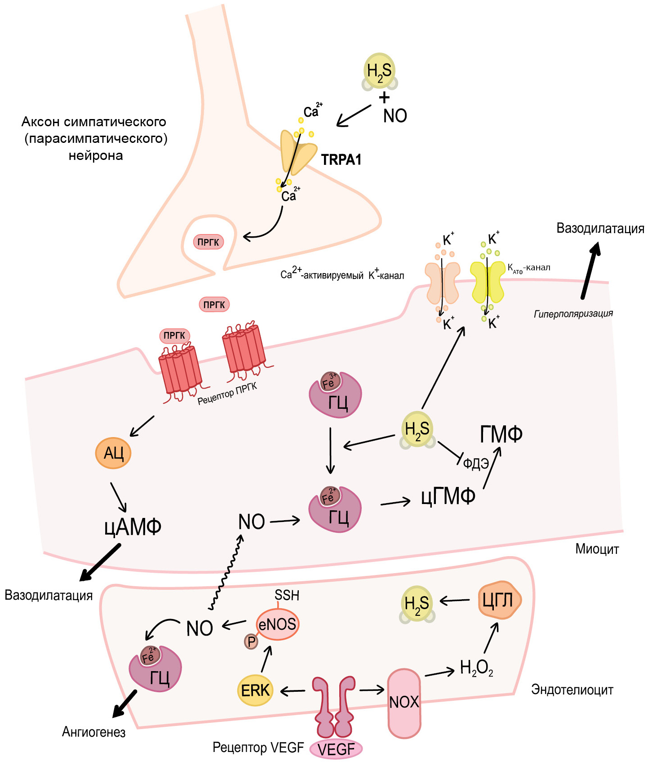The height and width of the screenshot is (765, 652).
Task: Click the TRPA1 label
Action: point(341,159)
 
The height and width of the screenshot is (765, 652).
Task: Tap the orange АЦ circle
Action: point(113,453)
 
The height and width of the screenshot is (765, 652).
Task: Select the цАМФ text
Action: point(133,526)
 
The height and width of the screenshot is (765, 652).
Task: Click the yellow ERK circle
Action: point(255,690)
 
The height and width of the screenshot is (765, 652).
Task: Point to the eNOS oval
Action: point(278,624)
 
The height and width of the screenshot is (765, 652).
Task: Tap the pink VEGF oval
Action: point(336,749)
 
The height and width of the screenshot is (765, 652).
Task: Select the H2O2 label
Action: point(477,668)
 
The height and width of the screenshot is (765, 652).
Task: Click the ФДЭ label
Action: point(476,464)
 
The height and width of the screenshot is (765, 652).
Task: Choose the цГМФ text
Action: point(448,497)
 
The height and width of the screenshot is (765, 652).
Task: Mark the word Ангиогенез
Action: point(93,732)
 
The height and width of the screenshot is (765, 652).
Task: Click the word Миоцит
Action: point(597,549)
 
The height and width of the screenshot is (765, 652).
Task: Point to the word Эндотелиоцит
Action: point(572,690)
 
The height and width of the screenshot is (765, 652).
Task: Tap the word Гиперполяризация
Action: point(573,314)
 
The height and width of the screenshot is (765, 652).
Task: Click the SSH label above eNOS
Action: point(287,595)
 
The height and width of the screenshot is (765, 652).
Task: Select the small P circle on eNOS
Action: point(251,641)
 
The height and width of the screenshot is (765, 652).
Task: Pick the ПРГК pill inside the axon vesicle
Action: point(208,242)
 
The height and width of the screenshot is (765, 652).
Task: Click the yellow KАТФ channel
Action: point(488,283)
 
